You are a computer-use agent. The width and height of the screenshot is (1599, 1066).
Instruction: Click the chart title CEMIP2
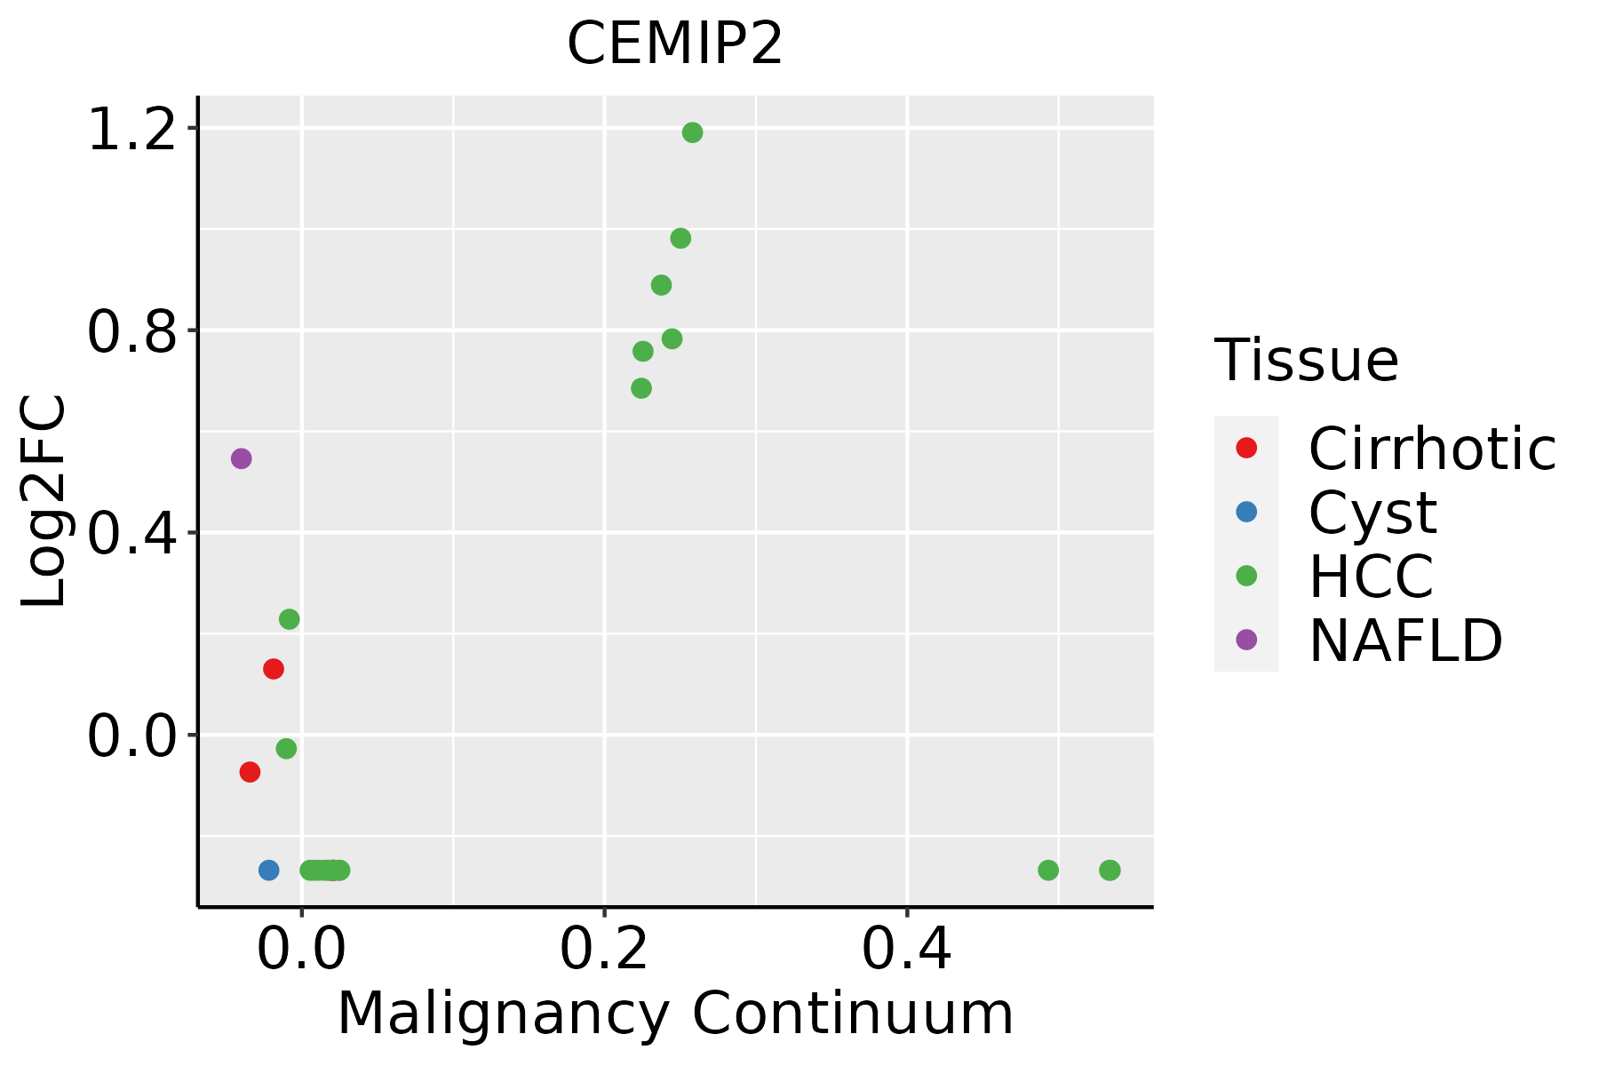click(x=675, y=44)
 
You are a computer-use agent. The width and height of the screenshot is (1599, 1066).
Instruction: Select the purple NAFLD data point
click(x=241, y=458)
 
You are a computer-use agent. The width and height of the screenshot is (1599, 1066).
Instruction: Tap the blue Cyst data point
click(x=268, y=870)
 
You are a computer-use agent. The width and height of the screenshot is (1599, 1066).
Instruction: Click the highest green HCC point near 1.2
click(x=692, y=132)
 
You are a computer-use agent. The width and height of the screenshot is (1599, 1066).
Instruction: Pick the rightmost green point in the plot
click(x=1110, y=870)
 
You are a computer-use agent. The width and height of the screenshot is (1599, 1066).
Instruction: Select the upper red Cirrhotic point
click(x=274, y=669)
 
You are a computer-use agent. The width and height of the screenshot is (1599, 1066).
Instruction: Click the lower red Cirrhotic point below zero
click(x=250, y=772)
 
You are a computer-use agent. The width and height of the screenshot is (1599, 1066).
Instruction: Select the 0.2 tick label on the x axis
click(x=604, y=951)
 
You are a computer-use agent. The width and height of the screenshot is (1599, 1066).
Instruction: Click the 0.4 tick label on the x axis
click(x=907, y=951)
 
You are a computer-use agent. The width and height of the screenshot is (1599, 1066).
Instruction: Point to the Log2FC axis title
click(x=44, y=501)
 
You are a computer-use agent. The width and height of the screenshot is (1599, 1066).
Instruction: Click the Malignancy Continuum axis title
click(x=675, y=1014)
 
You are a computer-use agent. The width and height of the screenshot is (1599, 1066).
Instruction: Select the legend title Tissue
click(x=1307, y=361)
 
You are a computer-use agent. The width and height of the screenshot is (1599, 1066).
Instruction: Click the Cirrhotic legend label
click(x=1432, y=449)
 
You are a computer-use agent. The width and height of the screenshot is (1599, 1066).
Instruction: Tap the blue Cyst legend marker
click(x=1246, y=512)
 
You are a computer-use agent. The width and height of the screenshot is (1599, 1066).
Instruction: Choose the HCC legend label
click(x=1371, y=577)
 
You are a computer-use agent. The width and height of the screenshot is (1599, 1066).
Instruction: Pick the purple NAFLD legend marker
click(x=1246, y=640)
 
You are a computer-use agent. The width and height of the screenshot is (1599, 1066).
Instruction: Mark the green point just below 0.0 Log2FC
click(x=286, y=749)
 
